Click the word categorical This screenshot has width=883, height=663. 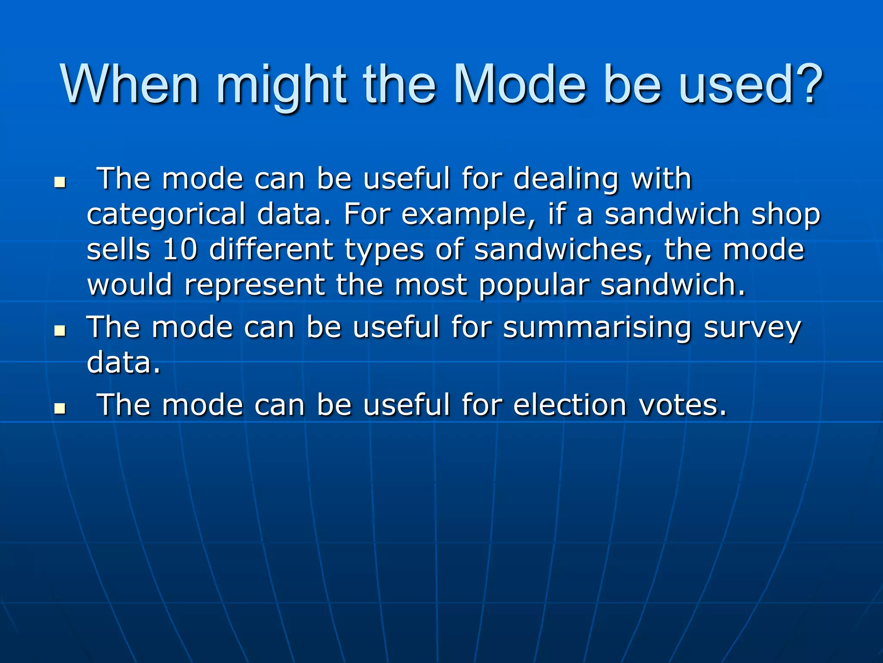(x=166, y=215)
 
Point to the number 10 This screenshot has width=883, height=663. (x=180, y=249)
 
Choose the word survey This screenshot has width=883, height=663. (x=752, y=328)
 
